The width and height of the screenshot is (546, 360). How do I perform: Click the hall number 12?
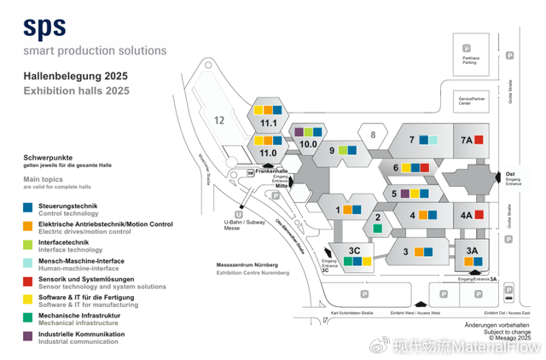point(219,120)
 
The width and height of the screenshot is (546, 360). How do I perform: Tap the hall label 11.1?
point(269,124)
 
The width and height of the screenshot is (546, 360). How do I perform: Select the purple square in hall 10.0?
point(298,132)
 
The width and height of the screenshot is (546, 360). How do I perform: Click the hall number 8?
point(372,134)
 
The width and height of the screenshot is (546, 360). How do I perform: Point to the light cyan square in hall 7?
point(433,140)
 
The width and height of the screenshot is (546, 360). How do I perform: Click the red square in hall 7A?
point(479,140)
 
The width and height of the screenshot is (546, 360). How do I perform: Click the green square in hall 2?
point(377,229)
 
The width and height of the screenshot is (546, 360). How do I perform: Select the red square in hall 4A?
point(479,215)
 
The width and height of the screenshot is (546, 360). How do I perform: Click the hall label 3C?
point(356,249)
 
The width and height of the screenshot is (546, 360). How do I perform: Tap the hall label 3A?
point(472,249)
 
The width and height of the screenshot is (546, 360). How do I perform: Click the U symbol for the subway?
point(239,214)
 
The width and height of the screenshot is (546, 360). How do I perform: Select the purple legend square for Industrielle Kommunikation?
point(29,336)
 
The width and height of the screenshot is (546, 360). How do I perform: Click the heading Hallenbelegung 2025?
point(76,76)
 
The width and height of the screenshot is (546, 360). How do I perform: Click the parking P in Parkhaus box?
point(466,48)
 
